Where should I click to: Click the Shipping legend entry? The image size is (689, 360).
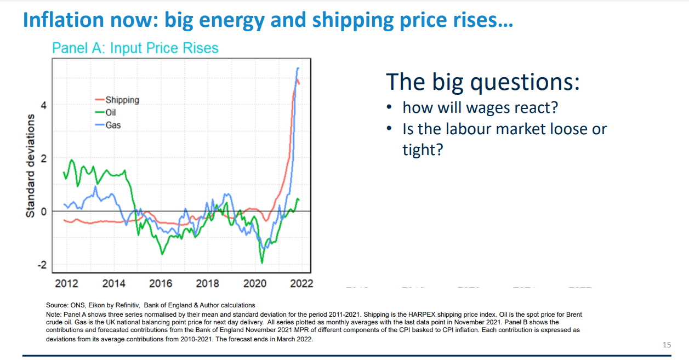pos(117,100)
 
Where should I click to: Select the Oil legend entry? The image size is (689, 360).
pos(105,112)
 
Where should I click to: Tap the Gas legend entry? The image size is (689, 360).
pos(108,125)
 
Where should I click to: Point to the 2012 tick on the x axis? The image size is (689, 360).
pos(67,283)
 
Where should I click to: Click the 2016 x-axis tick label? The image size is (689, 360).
pos(161,283)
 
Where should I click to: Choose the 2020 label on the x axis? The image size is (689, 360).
pos(255,283)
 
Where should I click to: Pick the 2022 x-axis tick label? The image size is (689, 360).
pos(301,283)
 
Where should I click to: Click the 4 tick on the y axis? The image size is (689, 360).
pos(44,105)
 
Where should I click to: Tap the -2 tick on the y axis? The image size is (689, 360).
pos(42,265)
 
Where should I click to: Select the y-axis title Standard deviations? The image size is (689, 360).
pos(30,166)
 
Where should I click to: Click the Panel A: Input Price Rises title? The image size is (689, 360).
pos(135,48)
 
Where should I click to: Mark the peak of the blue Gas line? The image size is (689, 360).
pos(298,68)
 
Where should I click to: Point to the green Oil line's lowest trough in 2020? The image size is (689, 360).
pos(262,263)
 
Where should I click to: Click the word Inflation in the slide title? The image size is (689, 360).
pos(64,20)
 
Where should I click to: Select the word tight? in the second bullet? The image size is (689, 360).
pos(423,150)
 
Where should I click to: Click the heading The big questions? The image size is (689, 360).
pos(482,82)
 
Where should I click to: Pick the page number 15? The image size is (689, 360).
pos(667,345)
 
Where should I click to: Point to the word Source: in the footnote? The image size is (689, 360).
pos(57,305)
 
